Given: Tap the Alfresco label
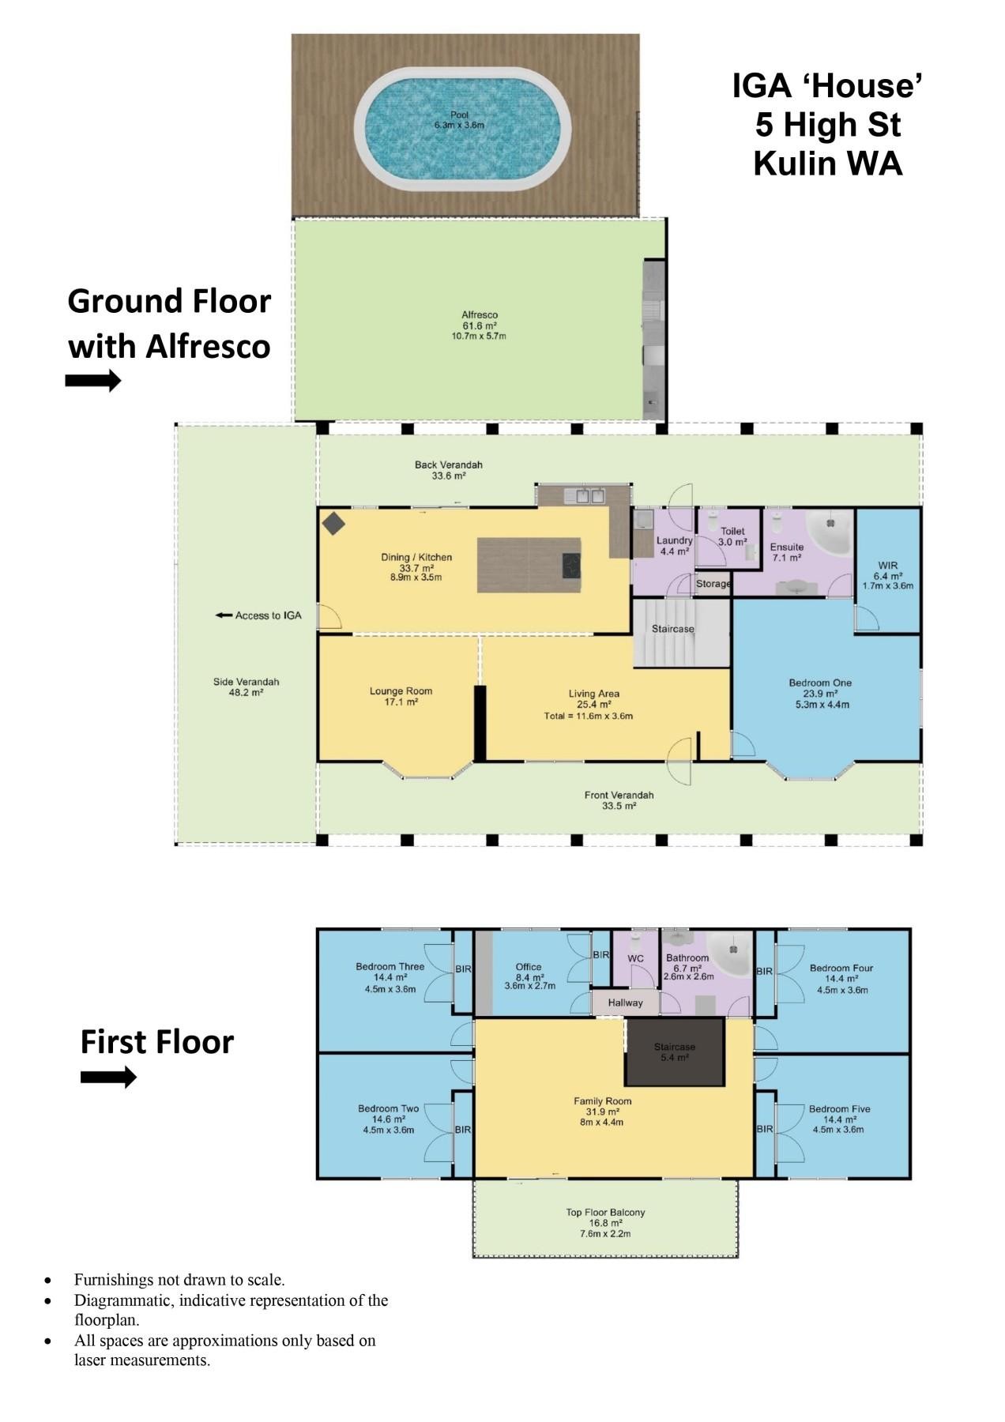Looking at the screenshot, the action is coord(480,315).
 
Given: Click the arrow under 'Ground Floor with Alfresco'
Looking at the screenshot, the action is coord(92,381).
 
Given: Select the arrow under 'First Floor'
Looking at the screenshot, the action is coord(108,1077).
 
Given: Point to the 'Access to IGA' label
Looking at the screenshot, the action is coord(259,615).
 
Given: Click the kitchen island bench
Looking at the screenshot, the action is coord(529,565).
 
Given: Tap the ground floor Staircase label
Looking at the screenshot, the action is coord(672,629).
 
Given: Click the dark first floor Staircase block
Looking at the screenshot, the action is coord(675,1051).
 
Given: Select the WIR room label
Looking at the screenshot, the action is coord(887,566).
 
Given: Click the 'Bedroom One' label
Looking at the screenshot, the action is coord(820,683).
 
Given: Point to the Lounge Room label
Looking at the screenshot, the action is coord(401,691).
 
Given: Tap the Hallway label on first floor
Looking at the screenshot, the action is coord(625,1003).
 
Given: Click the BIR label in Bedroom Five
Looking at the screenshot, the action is coord(764,1129).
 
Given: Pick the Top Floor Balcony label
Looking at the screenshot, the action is coord(605,1212).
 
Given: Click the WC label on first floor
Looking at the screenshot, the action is coord(635,958).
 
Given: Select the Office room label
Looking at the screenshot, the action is coord(529,966).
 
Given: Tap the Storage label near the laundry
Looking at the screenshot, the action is coord(713,584).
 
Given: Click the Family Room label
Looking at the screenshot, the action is coord(602,1100).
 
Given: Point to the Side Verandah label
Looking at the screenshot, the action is coord(246,682).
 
